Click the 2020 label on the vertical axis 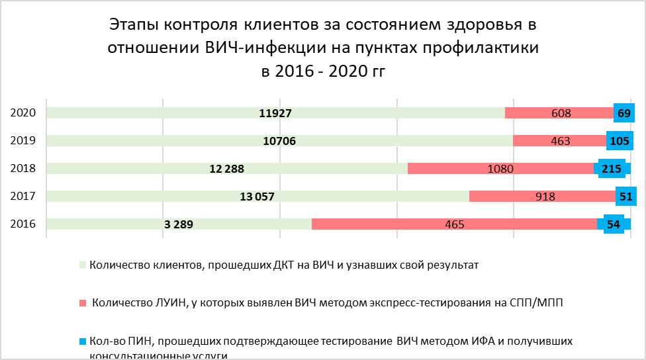[23, 112]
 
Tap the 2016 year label [23, 224]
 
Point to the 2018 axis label [23, 168]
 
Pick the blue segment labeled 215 [612, 169]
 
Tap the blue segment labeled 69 [623, 113]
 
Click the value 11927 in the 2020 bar [275, 113]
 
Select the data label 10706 [279, 141]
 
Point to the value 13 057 [256, 197]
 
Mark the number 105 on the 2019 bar [620, 141]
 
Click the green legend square [83, 265]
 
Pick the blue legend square [83, 342]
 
